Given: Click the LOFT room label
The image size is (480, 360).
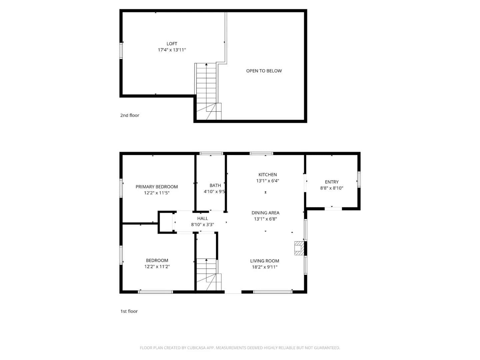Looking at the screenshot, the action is click(x=172, y=44).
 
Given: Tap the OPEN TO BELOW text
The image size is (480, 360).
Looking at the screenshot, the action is click(x=264, y=71).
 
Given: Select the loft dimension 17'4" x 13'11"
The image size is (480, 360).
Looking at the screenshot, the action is click(x=172, y=50).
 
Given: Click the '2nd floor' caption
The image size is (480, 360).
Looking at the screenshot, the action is click(x=130, y=115).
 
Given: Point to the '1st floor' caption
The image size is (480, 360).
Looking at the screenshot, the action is click(x=129, y=311).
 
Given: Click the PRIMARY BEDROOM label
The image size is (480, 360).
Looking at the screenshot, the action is click(x=157, y=187).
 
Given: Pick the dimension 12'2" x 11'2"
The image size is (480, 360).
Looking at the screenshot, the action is click(x=157, y=266).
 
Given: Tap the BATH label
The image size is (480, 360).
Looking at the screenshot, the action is click(x=215, y=185).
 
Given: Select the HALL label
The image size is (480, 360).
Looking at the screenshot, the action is click(x=202, y=218).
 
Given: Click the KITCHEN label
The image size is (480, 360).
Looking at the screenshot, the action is click(x=267, y=175).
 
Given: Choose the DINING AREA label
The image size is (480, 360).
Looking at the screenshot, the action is click(x=265, y=213).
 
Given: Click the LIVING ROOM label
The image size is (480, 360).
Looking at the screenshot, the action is click(x=265, y=261).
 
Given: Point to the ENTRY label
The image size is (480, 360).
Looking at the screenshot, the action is click(x=332, y=182).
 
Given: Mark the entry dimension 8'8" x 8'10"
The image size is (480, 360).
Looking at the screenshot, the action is click(x=332, y=188).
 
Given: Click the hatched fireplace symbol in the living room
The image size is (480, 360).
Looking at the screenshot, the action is click(x=299, y=248).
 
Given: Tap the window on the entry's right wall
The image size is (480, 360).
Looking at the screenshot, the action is click(x=359, y=179).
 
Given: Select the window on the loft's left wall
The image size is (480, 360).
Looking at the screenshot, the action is click(x=121, y=51).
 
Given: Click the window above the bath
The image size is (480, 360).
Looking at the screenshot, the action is click(x=211, y=153).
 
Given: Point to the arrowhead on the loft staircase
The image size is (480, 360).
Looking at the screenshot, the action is click(x=206, y=64).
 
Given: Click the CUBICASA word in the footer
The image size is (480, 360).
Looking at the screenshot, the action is click(x=196, y=348).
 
